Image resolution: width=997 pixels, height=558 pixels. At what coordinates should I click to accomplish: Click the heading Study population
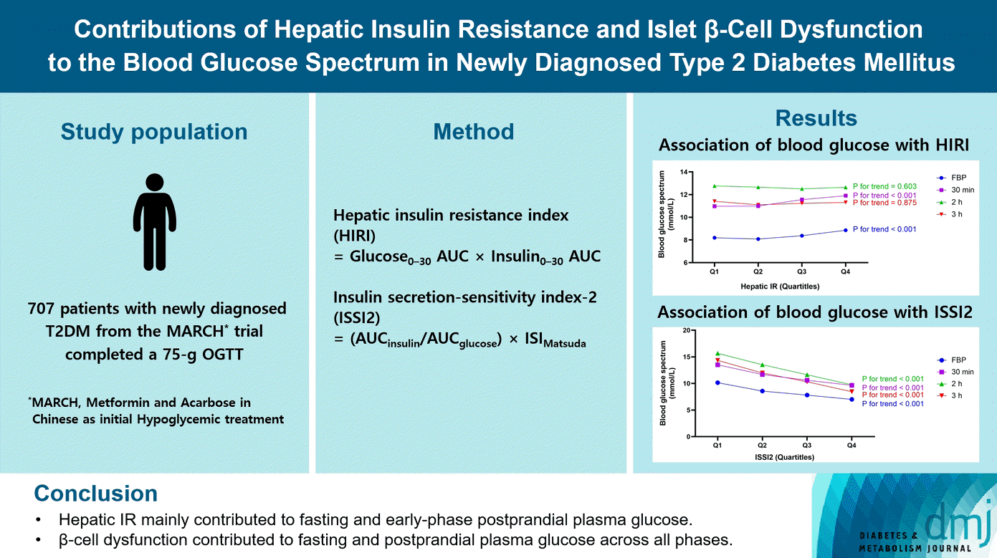154,132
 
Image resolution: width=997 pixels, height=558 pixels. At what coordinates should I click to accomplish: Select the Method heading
473,132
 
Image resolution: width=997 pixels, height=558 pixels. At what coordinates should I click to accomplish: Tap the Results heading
816,118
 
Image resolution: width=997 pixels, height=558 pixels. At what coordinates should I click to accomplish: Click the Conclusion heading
96,494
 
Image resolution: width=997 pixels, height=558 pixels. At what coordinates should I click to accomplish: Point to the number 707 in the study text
41,309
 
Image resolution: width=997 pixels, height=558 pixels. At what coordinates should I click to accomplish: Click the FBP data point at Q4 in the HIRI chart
846,230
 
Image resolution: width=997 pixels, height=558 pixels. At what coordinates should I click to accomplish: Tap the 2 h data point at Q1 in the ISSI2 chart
717,353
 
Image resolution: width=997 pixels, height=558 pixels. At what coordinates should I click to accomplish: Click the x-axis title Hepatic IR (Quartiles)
780,286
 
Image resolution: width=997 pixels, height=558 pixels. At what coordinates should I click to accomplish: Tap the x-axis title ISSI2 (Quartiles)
783,456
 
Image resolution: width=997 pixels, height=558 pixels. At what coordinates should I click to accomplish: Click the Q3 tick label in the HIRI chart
801,272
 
